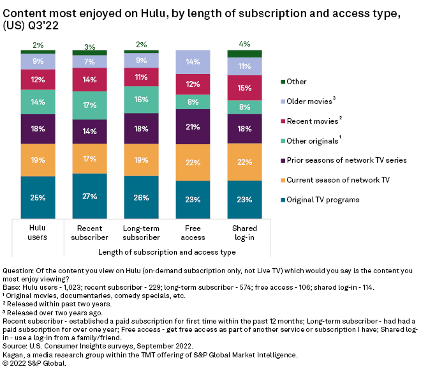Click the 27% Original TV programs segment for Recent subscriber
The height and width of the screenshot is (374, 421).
[x=90, y=196]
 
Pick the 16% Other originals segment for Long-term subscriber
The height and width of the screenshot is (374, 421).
[x=142, y=100]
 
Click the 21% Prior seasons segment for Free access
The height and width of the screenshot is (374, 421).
[x=193, y=126]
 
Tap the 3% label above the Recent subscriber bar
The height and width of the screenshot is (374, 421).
[x=90, y=47]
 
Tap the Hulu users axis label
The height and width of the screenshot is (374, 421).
[x=38, y=232]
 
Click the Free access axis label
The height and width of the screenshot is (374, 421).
[x=193, y=232]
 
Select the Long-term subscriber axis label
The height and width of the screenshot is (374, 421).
[x=142, y=232]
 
